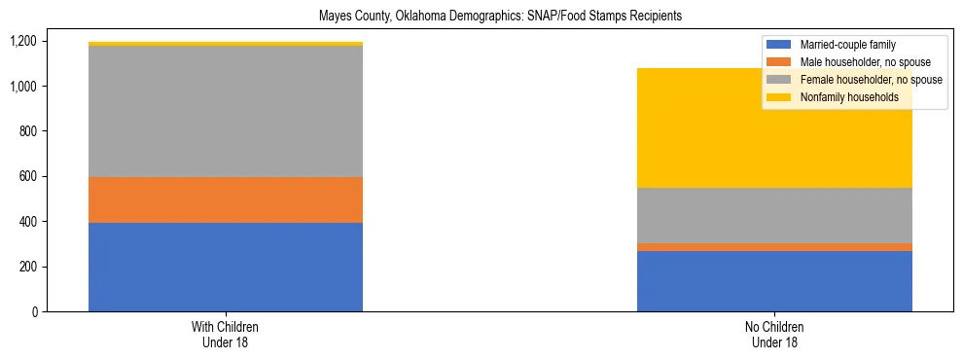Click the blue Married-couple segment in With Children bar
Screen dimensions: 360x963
(x=226, y=267)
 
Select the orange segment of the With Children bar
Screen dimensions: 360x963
(x=226, y=199)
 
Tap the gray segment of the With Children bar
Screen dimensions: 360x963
(x=226, y=111)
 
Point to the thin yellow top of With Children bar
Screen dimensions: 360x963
(x=226, y=44)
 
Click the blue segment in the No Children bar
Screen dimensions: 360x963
(x=774, y=281)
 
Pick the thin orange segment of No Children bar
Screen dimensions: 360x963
(x=774, y=247)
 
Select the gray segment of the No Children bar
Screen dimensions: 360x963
(x=774, y=215)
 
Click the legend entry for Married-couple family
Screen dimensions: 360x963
(x=847, y=45)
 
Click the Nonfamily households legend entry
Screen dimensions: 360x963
(x=842, y=97)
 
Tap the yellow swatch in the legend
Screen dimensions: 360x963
(x=780, y=97)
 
